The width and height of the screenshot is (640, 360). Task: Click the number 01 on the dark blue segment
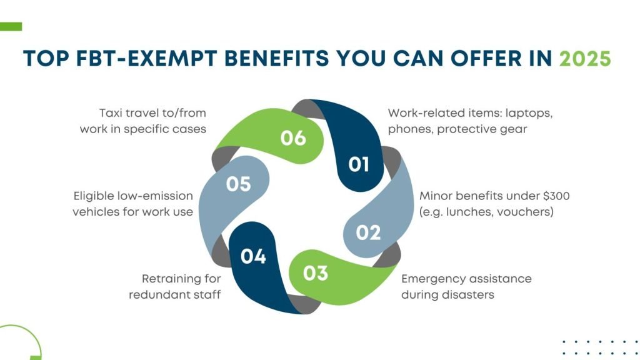point(358,164)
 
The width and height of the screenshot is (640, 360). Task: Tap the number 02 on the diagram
point(368,232)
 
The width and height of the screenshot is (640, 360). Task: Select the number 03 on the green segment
point(316,273)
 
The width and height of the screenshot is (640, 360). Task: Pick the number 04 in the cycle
point(253,256)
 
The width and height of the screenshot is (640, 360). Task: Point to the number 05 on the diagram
point(238,184)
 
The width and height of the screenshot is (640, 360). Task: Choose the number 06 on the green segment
point(293,138)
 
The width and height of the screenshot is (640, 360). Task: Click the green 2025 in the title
point(585,58)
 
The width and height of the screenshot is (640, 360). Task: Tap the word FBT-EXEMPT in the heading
point(146,58)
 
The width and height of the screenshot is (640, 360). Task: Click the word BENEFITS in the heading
point(277,58)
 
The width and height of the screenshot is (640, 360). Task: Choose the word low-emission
point(155,196)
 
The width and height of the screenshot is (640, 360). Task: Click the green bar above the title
point(11,26)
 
